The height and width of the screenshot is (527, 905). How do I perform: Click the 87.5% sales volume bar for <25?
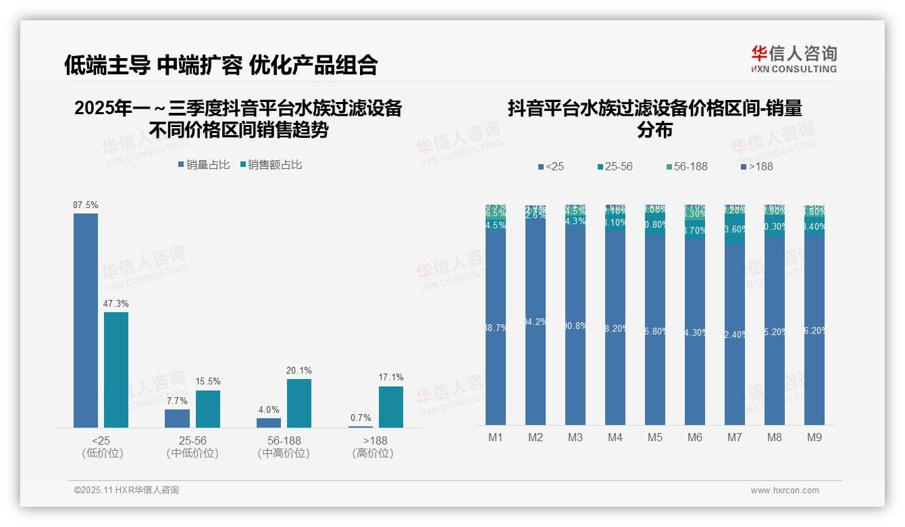[86, 320]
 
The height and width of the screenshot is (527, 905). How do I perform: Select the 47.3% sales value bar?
[115, 370]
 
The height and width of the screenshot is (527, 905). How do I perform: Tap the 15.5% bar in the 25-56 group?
[207, 409]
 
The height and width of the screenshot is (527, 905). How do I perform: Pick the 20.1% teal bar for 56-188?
[299, 403]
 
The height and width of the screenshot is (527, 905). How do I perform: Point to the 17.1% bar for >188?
[390, 407]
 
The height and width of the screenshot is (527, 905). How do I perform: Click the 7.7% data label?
[177, 401]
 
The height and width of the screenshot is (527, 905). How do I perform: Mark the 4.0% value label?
[269, 410]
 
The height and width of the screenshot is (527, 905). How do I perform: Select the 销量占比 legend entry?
[204, 165]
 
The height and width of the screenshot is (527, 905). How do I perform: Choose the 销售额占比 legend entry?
[270, 165]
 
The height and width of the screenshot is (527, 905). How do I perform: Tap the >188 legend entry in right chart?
[756, 166]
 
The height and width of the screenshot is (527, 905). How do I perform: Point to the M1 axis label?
[496, 438]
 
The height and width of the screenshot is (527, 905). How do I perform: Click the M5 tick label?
[655, 438]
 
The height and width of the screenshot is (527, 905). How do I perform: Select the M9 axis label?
[814, 438]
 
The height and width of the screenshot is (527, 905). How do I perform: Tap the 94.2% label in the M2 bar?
[536, 322]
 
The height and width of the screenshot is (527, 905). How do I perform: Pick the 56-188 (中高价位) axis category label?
[284, 447]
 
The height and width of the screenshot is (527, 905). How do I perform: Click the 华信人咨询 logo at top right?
[794, 59]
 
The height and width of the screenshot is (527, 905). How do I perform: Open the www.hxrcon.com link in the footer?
[785, 491]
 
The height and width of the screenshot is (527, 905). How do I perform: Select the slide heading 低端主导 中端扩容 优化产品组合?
[221, 65]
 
